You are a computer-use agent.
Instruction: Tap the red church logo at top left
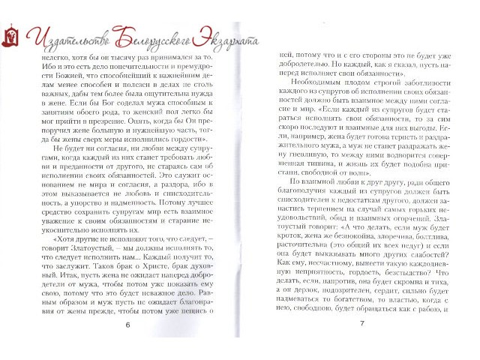point(10,34)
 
